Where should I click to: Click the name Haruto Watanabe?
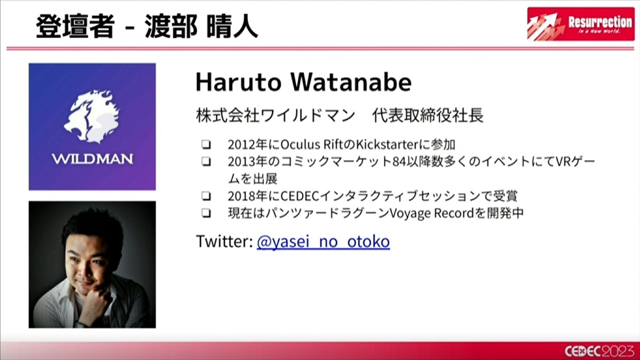tap(303, 82)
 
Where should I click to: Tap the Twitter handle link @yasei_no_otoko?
tap(323, 242)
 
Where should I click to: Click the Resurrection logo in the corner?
tap(580, 23)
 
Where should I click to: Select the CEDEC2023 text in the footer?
tap(599, 351)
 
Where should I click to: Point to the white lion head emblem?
tap(92, 117)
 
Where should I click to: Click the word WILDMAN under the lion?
tap(92, 159)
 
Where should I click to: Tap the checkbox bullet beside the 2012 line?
tap(207, 144)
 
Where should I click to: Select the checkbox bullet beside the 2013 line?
tap(207, 162)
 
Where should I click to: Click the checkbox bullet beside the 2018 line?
tap(207, 196)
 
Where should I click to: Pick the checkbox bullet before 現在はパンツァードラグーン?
tap(207, 213)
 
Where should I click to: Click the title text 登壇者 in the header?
tap(74, 26)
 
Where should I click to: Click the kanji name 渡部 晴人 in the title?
tap(201, 26)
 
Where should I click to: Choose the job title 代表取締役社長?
tap(428, 116)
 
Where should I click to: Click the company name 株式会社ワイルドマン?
tap(276, 116)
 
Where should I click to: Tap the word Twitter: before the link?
tap(225, 242)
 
